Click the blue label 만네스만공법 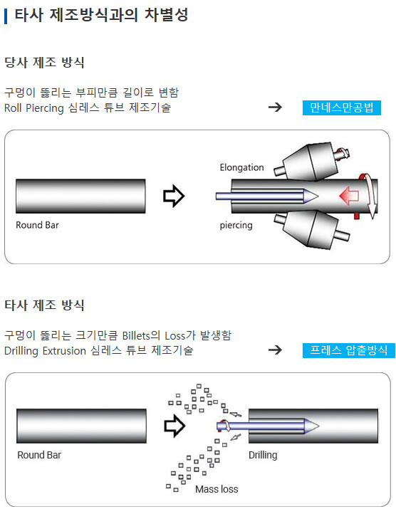click(342, 107)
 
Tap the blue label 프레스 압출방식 click(349, 350)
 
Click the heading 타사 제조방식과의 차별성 click(101, 15)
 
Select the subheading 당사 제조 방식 click(44, 62)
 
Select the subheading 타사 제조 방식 click(44, 305)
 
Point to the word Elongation click(241, 167)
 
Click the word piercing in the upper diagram click(236, 225)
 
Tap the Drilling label click(263, 455)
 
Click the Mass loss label click(217, 489)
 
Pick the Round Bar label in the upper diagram click(38, 225)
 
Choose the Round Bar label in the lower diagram click(39, 455)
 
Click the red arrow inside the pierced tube click(349, 196)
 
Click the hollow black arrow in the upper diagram click(174, 196)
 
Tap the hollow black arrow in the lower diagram click(174, 426)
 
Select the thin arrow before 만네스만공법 click(275, 107)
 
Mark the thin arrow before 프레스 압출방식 click(275, 350)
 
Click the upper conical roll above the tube click(310, 162)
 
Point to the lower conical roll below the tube click(310, 229)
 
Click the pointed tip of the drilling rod click(318, 426)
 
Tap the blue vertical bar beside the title click(6, 16)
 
